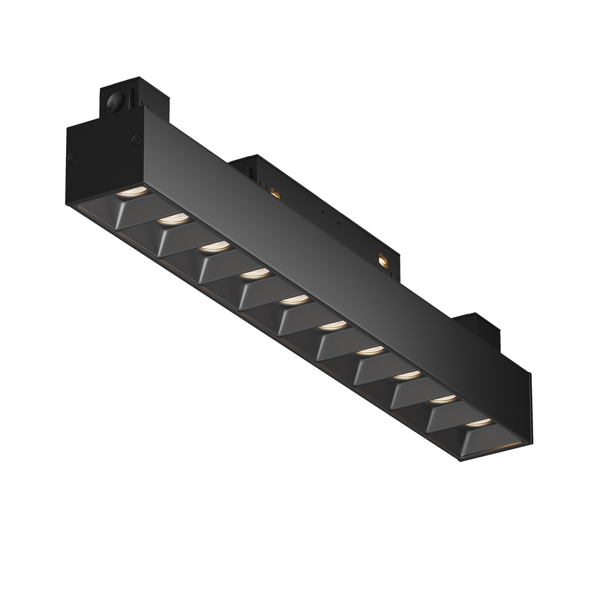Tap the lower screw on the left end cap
73,159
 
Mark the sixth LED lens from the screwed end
333,325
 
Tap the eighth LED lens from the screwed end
408,374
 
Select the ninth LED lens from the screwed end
444,398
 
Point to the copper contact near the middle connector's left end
276,193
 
